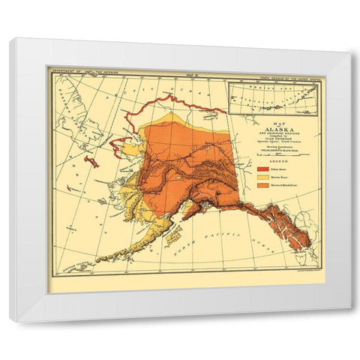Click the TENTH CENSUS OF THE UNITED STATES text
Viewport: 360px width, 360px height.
pos(289,72)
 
